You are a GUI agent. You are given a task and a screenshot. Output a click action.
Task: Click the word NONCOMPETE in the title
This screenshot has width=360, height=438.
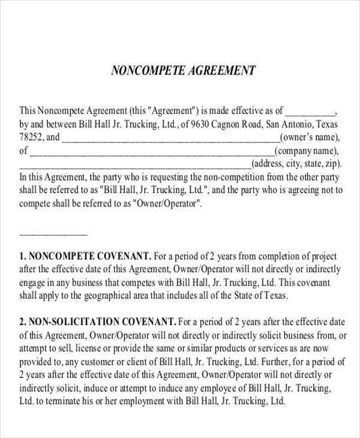point(141,71)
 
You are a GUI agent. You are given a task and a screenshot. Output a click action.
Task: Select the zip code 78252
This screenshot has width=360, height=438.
point(32,137)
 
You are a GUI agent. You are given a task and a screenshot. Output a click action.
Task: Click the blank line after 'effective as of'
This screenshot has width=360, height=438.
point(310,112)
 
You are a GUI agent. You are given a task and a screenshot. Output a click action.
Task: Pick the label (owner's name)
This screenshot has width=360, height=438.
point(307,137)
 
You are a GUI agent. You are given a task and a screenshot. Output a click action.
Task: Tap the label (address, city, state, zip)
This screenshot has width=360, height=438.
point(296,164)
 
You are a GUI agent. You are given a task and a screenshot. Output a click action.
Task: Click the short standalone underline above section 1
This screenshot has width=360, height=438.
point(53,233)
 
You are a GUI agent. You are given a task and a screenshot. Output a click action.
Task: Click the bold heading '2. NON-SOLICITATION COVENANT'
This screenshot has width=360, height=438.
point(98,322)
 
